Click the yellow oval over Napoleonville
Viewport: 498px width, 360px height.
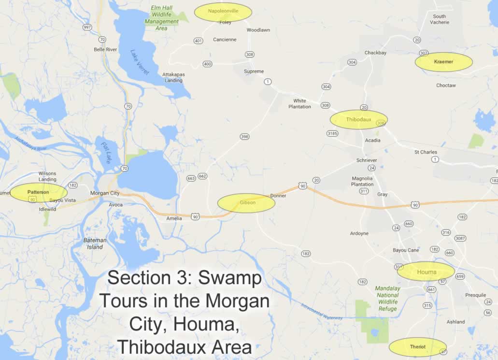coord(223,12)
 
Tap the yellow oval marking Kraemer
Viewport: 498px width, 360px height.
coord(443,62)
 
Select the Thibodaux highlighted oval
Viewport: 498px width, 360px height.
coord(358,119)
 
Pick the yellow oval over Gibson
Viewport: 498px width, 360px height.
coord(246,203)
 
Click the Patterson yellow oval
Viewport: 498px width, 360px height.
coord(39,192)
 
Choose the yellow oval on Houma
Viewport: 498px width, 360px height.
coord(426,272)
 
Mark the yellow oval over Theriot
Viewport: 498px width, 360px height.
coord(417,347)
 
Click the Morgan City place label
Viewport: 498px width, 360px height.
coord(105,193)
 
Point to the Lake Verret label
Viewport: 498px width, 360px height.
coord(141,62)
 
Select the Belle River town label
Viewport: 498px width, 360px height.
coord(105,49)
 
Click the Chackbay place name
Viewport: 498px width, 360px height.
coord(375,53)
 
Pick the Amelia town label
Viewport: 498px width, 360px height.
coord(174,218)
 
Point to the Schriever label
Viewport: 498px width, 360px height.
coord(367,160)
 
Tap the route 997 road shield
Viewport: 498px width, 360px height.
coord(87,27)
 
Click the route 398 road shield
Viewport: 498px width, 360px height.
coord(244,137)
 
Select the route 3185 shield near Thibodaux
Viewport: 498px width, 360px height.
coord(332,133)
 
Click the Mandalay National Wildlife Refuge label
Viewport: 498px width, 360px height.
coord(387,299)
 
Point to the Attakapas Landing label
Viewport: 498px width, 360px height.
coord(172,77)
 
